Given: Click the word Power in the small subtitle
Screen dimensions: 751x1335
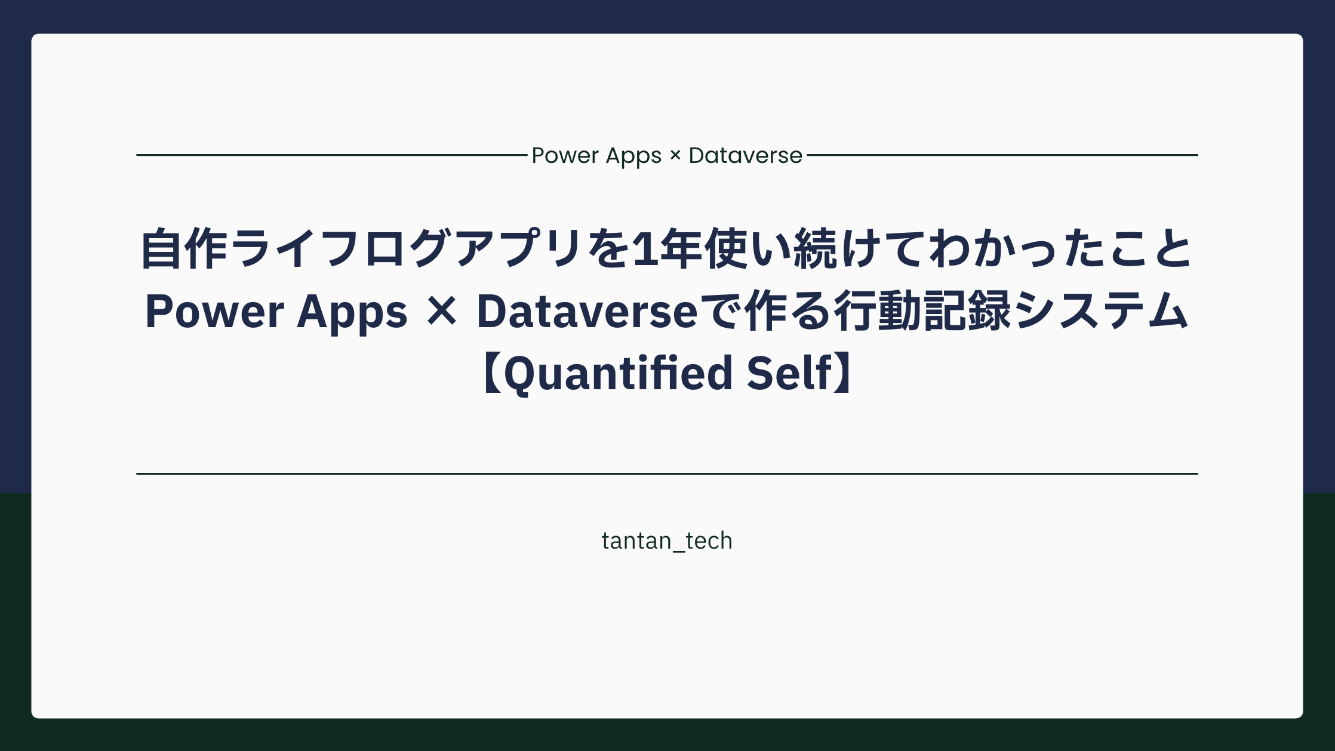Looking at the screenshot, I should (564, 156).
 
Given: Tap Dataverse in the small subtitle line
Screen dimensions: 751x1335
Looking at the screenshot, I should (745, 156).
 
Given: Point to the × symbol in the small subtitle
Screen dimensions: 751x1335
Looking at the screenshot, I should (675, 156).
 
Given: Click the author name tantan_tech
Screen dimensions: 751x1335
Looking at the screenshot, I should (667, 541).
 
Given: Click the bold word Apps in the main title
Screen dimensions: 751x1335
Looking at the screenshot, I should (352, 312).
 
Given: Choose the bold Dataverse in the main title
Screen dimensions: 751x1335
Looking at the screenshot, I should (587, 312).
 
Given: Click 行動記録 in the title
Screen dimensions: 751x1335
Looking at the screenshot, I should (922, 312).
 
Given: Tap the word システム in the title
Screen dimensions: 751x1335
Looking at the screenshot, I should (1100, 312).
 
